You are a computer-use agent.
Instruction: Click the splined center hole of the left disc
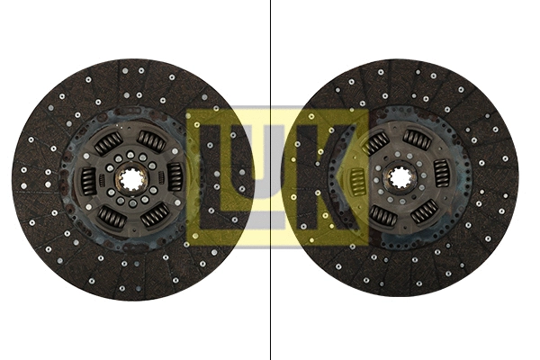(x=132, y=178)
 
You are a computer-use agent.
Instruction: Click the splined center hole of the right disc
(x=400, y=176)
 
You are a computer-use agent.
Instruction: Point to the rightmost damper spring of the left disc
(x=175, y=177)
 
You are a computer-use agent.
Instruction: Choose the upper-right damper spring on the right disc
(x=417, y=138)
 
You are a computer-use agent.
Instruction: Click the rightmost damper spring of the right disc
(x=442, y=174)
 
